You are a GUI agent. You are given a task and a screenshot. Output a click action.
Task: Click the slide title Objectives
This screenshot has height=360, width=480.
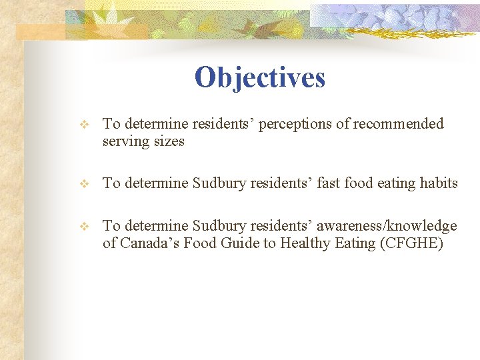pos(260,77)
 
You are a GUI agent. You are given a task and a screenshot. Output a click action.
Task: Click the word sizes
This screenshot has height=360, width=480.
pos(169,141)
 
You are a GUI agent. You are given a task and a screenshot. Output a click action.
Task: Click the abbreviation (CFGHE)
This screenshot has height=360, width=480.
pos(412,243)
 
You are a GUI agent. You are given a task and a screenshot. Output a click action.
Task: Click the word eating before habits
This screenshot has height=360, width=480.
pos(398,183)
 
